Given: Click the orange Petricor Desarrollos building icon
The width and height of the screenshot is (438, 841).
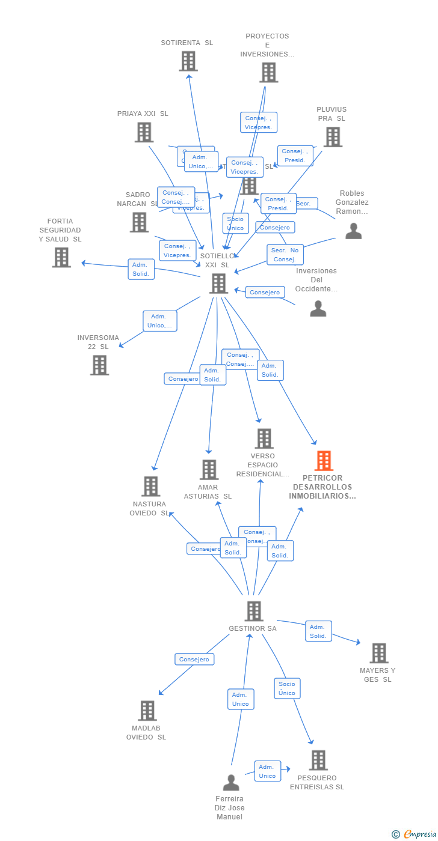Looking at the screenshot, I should [324, 461].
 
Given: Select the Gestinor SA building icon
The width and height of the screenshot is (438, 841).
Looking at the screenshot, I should [254, 611].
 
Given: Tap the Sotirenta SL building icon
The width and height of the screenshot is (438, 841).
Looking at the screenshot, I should [188, 61].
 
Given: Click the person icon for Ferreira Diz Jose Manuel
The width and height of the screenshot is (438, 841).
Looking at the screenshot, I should [231, 782].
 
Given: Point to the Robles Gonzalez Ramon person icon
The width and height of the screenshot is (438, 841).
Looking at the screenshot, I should [354, 231].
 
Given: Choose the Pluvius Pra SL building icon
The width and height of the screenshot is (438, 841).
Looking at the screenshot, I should [333, 137].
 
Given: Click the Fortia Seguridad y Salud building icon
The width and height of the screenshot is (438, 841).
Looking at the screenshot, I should [61, 257].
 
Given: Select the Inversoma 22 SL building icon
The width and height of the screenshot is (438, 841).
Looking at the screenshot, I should [99, 365].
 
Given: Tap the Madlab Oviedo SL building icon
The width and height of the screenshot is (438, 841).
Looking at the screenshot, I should [147, 711].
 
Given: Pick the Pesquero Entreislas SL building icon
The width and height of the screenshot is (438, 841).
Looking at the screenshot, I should [318, 760].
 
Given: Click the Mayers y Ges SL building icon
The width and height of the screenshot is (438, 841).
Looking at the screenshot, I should [379, 653].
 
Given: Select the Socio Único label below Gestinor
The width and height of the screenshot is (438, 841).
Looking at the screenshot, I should [287, 688].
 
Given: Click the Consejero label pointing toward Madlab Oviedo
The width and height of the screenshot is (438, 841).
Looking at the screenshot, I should [194, 659].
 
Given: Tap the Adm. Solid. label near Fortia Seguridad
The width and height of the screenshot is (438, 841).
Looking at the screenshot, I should [141, 269].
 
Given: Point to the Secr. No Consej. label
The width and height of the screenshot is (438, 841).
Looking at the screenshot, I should [285, 255].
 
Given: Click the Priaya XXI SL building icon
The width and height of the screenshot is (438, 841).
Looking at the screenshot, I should [144, 132].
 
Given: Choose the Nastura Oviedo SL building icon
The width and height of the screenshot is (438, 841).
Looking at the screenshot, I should [150, 486].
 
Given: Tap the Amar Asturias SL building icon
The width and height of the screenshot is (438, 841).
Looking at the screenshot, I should [209, 470].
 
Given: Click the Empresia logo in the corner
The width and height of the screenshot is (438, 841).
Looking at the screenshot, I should [415, 834].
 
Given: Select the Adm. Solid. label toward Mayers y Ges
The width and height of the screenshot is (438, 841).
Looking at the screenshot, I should [318, 631].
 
